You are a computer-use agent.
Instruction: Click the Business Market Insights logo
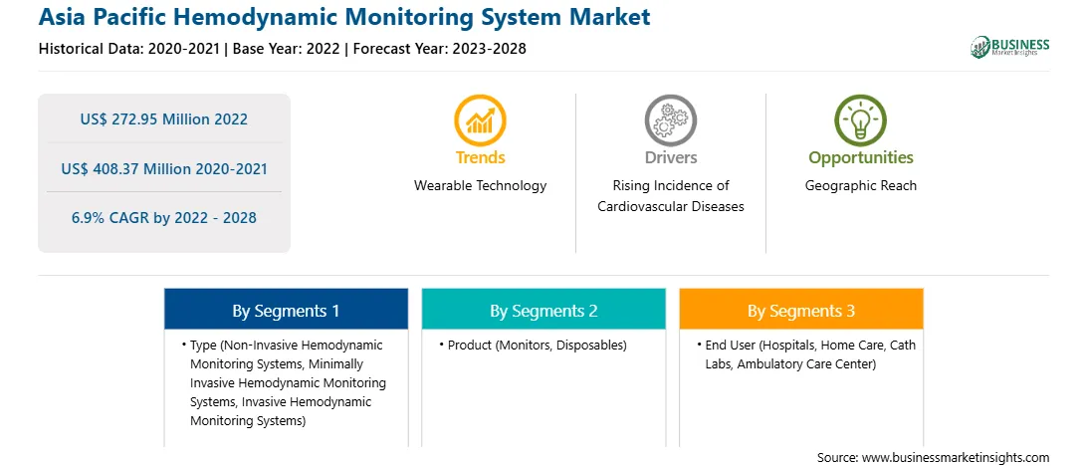[x=1010, y=47]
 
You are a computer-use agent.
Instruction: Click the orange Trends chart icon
[x=481, y=120]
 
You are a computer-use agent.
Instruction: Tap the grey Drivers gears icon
[x=670, y=120]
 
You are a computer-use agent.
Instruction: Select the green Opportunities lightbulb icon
[x=860, y=120]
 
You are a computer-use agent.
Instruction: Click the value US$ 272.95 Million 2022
[x=163, y=119]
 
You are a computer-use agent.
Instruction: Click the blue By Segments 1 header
[x=287, y=310]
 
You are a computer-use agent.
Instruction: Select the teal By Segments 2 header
[x=543, y=310]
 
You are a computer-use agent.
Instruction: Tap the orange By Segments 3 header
[x=801, y=310]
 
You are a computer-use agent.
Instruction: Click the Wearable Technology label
[x=481, y=186]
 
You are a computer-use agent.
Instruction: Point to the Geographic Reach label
[x=860, y=186]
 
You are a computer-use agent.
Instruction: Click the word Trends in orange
[x=481, y=157]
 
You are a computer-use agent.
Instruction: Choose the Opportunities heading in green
[x=861, y=157]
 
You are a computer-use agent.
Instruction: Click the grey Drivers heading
[x=670, y=157]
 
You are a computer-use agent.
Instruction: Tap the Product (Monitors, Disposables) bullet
[x=533, y=345]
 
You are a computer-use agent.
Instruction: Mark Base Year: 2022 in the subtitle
[x=287, y=49]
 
